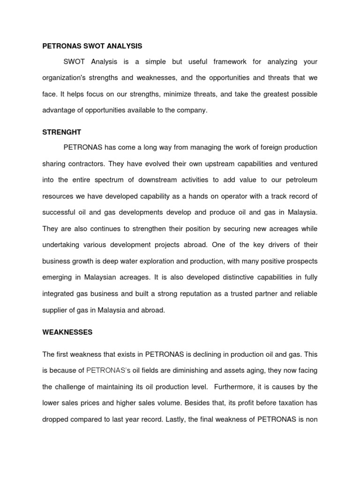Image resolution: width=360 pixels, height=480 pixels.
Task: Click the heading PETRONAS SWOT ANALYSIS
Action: click(92, 46)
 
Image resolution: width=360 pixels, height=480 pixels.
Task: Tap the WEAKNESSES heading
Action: click(67, 332)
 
